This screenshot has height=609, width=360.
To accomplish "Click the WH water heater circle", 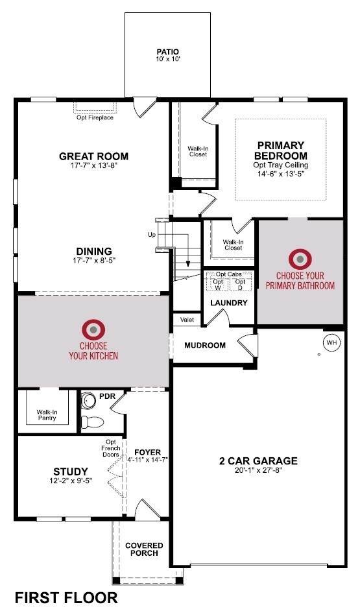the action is pyautogui.click(x=332, y=342).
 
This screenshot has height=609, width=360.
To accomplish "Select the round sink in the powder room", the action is pyautogui.click(x=89, y=400).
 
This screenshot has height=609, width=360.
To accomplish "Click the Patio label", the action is pyautogui.click(x=168, y=52).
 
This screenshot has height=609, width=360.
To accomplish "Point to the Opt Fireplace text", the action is pyautogui.click(x=95, y=117).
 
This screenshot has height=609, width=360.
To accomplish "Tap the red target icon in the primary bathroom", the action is pyautogui.click(x=300, y=259).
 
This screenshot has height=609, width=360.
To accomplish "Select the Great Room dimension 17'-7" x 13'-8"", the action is pyautogui.click(x=93, y=165).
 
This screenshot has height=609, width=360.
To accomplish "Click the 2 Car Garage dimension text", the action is pyautogui.click(x=258, y=470).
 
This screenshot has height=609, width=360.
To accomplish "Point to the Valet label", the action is pyautogui.click(x=187, y=320).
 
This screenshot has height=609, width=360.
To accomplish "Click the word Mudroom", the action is pyautogui.click(x=205, y=345).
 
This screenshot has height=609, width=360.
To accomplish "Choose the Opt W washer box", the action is pyautogui.click(x=218, y=284).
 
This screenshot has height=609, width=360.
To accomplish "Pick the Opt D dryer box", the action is pyautogui.click(x=240, y=284).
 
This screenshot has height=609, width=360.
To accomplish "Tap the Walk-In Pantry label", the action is pyautogui.click(x=47, y=415).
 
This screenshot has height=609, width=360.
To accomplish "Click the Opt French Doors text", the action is pyautogui.click(x=111, y=448).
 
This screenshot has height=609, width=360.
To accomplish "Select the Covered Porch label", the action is pyautogui.click(x=144, y=549).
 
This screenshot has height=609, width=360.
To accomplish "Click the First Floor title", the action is pyautogui.click(x=66, y=597).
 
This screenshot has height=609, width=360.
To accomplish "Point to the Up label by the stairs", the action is pyautogui.click(x=151, y=235).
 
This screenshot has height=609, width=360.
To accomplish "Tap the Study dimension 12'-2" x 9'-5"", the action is pyautogui.click(x=70, y=481).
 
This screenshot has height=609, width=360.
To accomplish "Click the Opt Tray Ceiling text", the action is pyautogui.click(x=281, y=165).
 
